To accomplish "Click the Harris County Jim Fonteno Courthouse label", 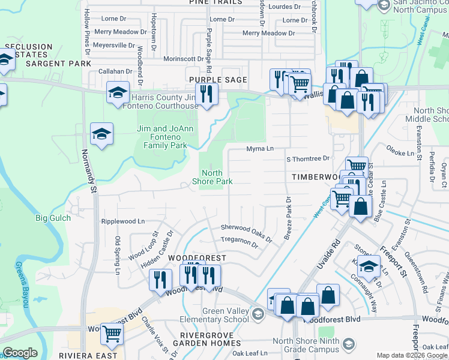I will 163,102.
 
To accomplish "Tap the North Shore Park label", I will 212,176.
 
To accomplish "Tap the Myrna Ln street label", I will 260,148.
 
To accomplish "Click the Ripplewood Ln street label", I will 123,221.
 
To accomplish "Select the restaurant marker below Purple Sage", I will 207,95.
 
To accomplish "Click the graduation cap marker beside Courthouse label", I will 118,92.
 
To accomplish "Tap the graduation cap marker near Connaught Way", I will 369,266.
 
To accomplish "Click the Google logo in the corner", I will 20,353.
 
